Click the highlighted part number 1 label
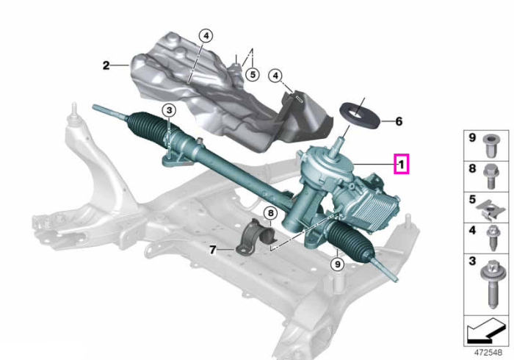coord(401,164)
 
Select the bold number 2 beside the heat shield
coord(106,65)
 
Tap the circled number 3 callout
coord(169,110)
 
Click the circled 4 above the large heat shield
coord(206,36)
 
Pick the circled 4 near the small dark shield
coord(275,76)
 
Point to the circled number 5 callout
coord(253,74)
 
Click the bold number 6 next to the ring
coord(399,121)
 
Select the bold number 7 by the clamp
coord(213,251)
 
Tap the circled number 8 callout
coord(270,214)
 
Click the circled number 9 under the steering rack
coord(337,264)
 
